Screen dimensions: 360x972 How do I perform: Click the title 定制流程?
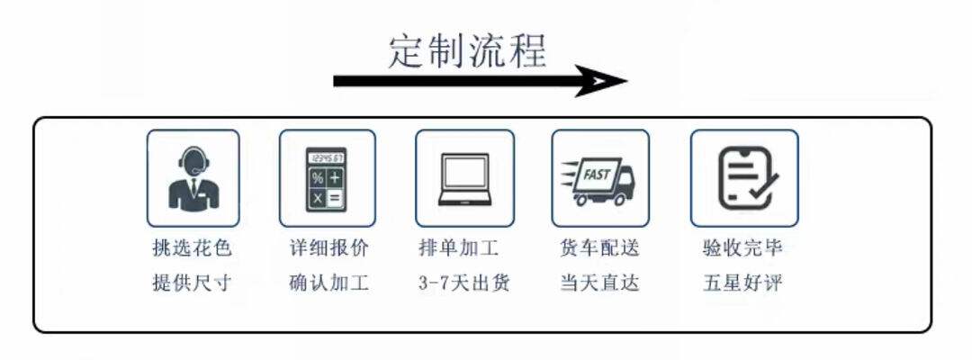(x=467, y=50)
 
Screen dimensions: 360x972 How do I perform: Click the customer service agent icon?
(x=193, y=177)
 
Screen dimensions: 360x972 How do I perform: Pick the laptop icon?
(x=464, y=177)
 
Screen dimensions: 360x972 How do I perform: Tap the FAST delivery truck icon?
(x=599, y=177)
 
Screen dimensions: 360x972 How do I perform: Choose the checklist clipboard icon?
(x=744, y=177)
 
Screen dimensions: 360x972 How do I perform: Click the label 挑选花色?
(x=192, y=247)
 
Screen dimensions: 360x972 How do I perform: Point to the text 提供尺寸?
(x=192, y=283)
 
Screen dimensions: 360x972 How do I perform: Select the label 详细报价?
(x=328, y=247)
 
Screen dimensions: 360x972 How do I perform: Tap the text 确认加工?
(x=328, y=283)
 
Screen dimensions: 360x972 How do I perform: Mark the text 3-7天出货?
(x=463, y=283)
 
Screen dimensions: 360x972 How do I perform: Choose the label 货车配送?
(x=599, y=247)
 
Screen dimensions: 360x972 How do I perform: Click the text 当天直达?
(x=599, y=283)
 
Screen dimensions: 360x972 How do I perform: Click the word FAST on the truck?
(x=596, y=170)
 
